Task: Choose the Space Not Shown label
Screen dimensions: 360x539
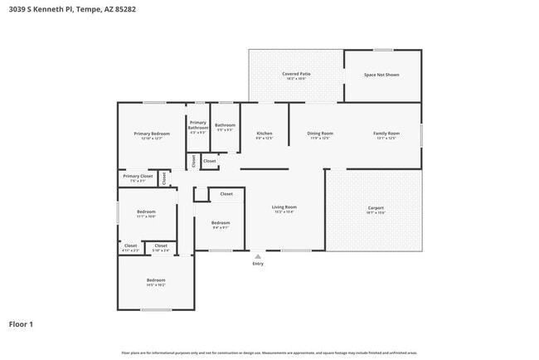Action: pos(381,75)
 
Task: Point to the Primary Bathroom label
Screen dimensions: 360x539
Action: pos(198,125)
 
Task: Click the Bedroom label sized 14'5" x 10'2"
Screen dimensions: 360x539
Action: pos(156,282)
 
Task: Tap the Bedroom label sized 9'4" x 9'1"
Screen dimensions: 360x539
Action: pos(221,224)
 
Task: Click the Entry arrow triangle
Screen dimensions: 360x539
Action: pos(258,257)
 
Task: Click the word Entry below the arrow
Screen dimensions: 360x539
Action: pos(258,264)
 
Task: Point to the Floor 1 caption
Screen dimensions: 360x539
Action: pos(21,324)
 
